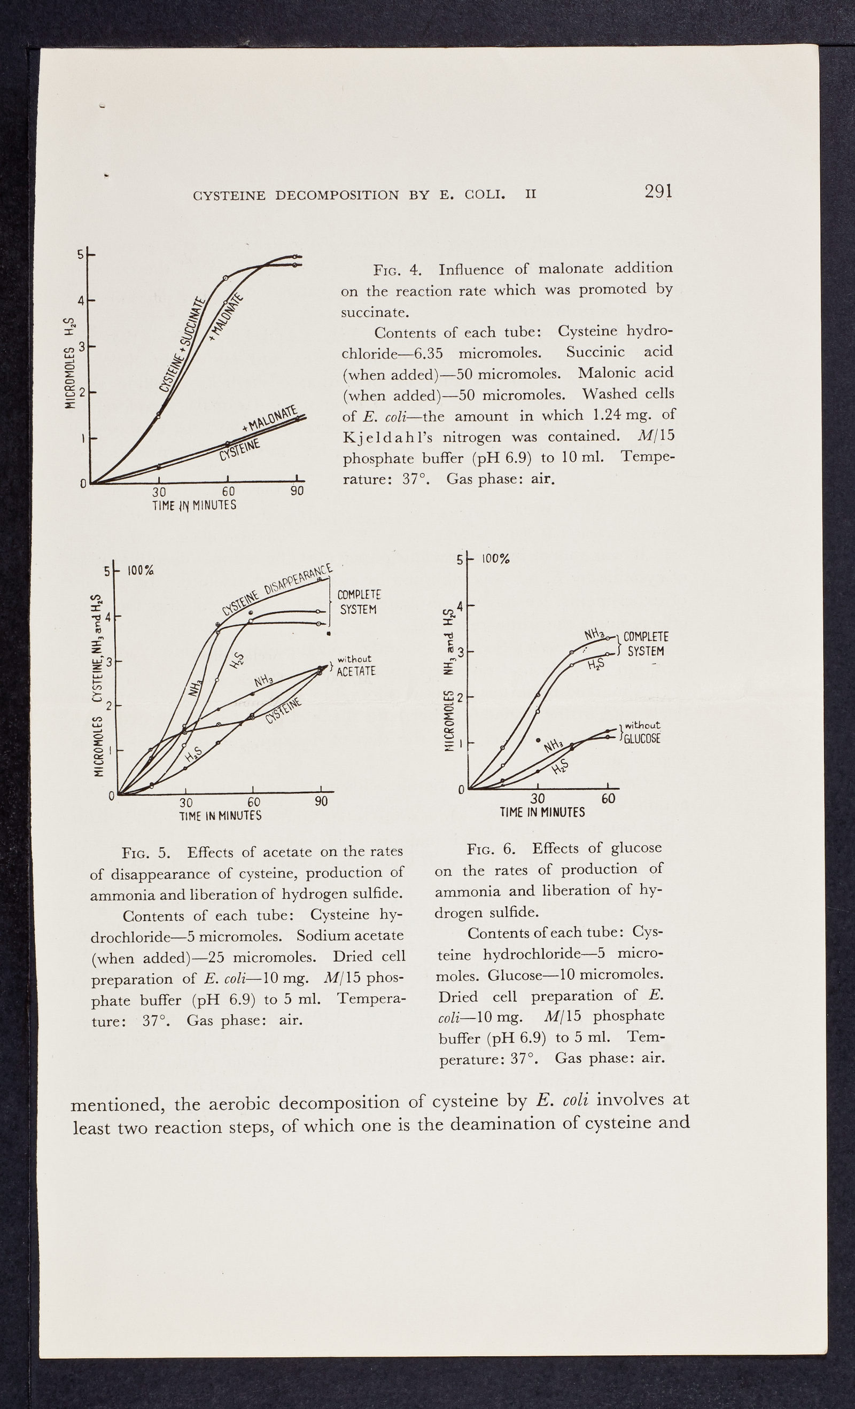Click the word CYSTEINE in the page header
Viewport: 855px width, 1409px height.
[229, 196]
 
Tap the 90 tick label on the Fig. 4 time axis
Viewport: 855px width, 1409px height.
[297, 491]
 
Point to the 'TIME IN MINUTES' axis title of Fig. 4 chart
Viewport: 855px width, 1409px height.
[194, 505]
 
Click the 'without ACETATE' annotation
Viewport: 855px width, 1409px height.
[355, 666]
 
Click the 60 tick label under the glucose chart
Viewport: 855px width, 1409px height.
[608, 798]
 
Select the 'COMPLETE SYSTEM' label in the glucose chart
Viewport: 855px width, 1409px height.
[645, 644]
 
